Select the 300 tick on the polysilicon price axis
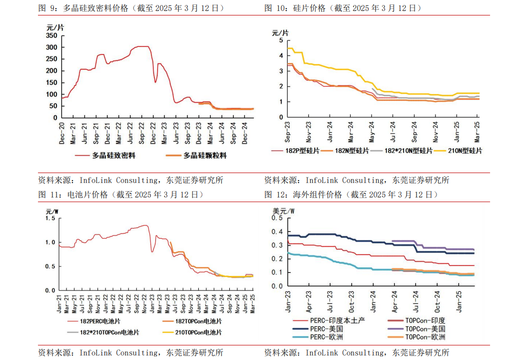pyautogui.click(x=51, y=47)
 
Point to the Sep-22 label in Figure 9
pyautogui.click(x=142, y=133)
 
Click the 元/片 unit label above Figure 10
pyautogui.click(x=280, y=33)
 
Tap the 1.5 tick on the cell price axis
pyautogui.click(x=50, y=218)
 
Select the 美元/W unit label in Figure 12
pyautogui.click(x=283, y=211)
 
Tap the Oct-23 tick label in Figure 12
pyautogui.click(x=352, y=300)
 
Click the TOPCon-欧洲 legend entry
pyautogui.click(x=425, y=337)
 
